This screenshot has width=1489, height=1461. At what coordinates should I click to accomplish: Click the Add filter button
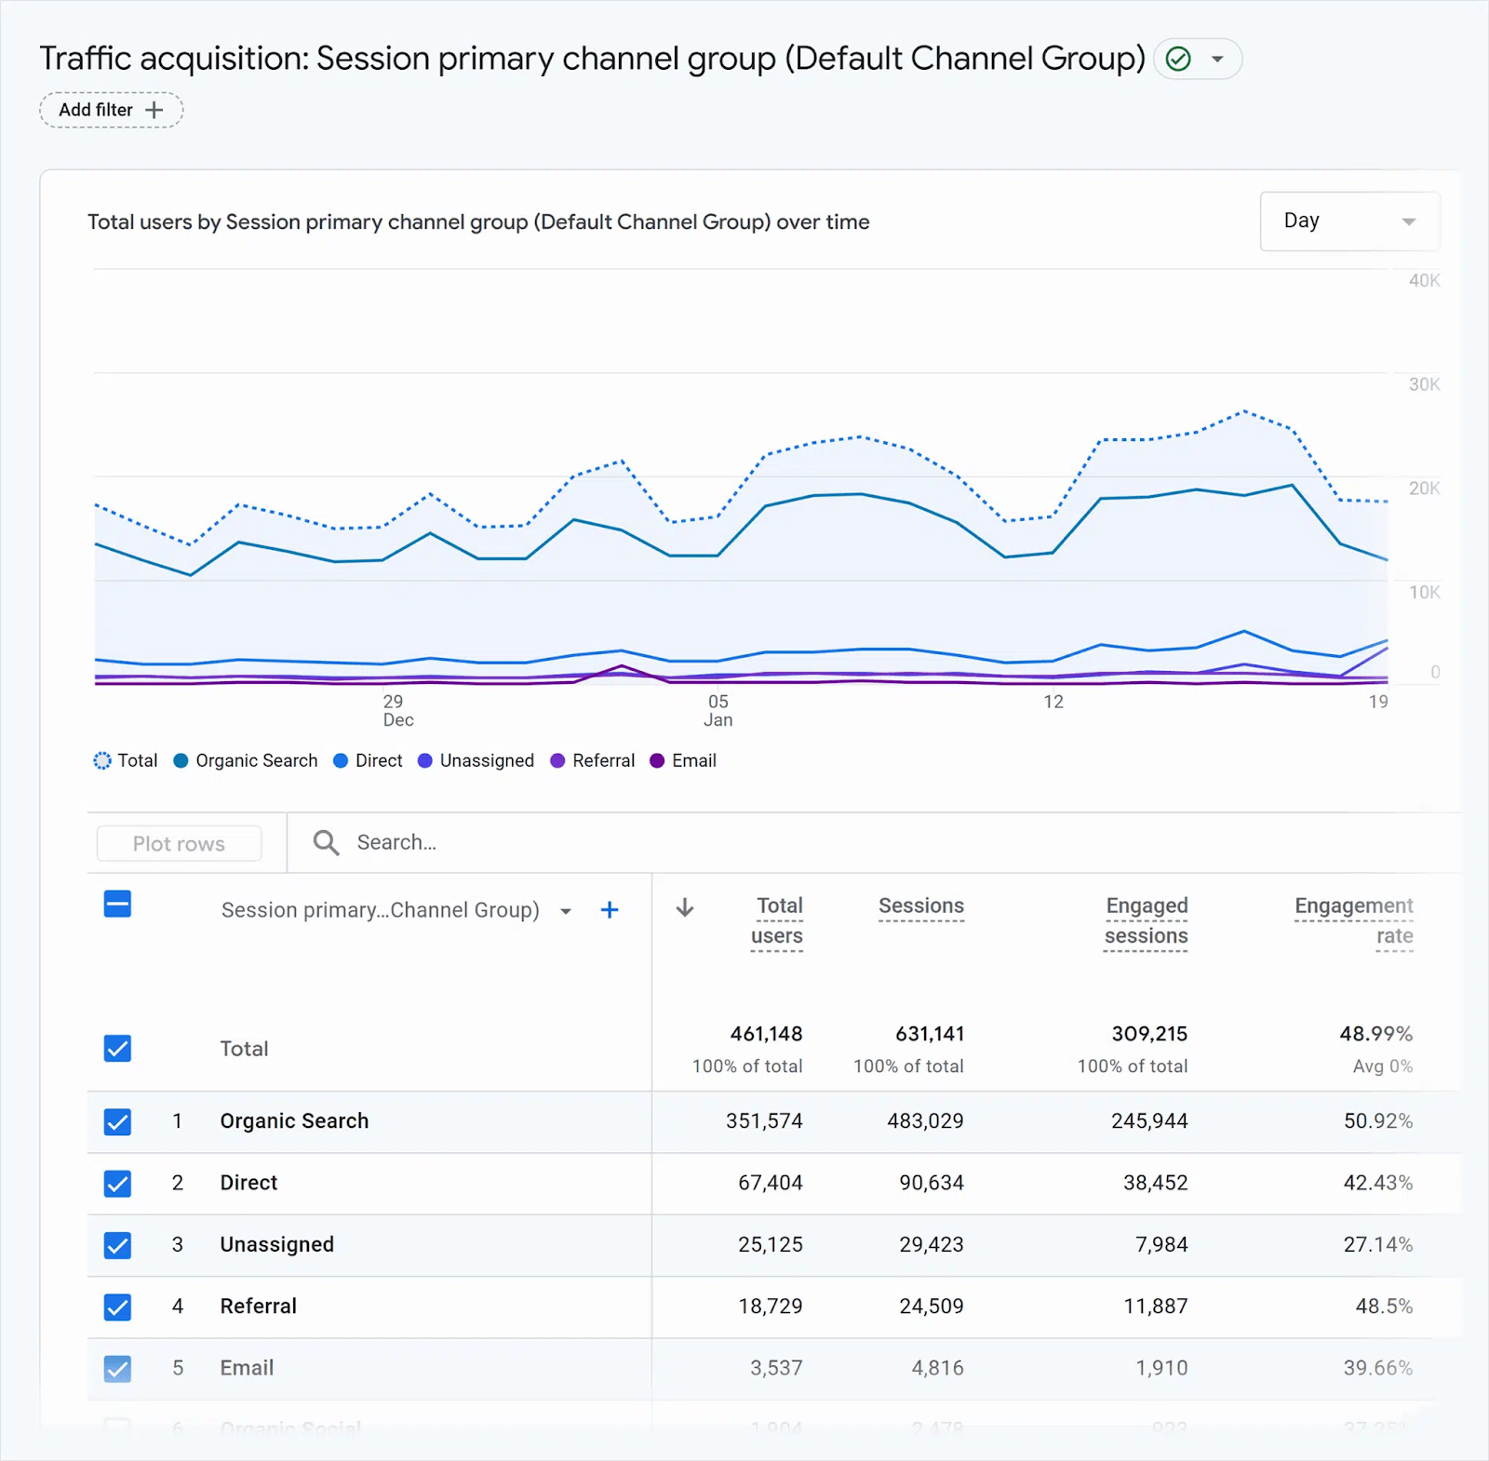[111, 110]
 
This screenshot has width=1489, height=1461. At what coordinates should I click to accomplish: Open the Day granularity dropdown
[1348, 221]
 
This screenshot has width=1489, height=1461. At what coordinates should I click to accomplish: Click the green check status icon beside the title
[1178, 59]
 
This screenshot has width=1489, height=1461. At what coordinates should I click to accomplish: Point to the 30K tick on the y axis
[1424, 384]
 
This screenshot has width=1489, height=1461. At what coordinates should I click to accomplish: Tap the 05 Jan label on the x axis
[718, 710]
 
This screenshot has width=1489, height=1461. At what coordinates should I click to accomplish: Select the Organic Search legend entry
[247, 760]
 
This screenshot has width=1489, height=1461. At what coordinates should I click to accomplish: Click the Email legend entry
[683, 760]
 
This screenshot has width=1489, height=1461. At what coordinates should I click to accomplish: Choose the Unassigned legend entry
[476, 760]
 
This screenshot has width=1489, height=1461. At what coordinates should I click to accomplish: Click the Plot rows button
[179, 843]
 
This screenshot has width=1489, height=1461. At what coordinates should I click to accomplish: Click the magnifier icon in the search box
[326, 842]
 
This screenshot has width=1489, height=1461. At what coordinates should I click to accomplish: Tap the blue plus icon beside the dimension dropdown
[610, 910]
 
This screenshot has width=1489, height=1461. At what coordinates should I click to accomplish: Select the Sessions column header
[921, 906]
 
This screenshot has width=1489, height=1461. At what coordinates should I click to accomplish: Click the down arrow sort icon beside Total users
[685, 907]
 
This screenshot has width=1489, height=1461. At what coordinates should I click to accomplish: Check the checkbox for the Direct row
[117, 1183]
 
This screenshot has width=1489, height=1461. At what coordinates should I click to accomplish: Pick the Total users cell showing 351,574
[764, 1121]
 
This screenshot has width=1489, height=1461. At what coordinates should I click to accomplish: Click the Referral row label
[258, 1307]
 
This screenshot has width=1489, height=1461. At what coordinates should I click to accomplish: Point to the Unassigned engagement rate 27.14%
[1377, 1245]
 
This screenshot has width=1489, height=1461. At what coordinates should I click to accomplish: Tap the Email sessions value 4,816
[937, 1368]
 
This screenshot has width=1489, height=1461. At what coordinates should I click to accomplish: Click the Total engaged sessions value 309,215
[1149, 1034]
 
